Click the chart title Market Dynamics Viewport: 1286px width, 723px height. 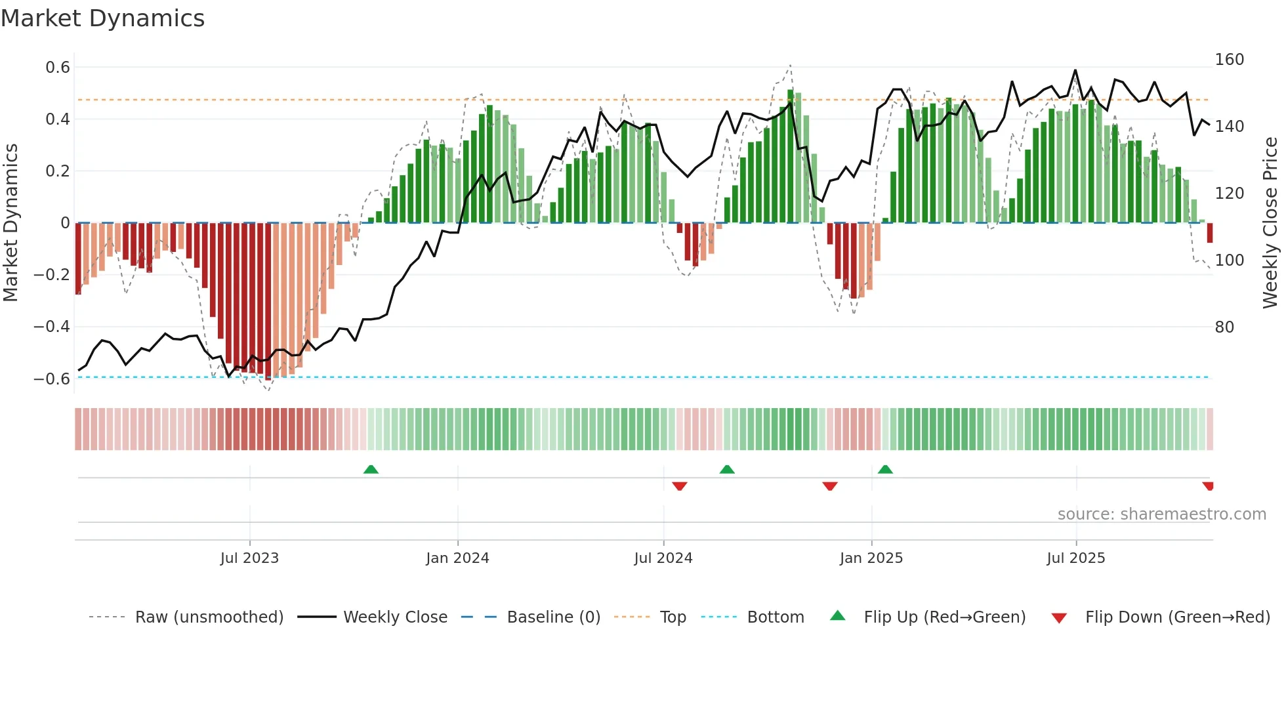click(x=102, y=18)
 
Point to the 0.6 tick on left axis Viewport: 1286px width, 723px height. click(x=58, y=68)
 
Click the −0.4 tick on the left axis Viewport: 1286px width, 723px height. click(x=51, y=327)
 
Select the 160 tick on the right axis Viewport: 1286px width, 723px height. click(x=1229, y=60)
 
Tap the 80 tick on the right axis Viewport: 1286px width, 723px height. click(x=1224, y=327)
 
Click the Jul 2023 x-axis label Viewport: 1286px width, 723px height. click(x=249, y=558)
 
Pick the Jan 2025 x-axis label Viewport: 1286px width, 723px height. click(x=871, y=558)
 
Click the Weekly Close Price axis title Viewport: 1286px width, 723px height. click(x=1270, y=223)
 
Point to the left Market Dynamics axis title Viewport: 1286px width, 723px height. click(x=10, y=223)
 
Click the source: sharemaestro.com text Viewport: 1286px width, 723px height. click(x=1161, y=514)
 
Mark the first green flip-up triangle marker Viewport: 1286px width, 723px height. click(x=371, y=469)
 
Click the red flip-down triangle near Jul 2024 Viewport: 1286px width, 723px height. click(x=679, y=486)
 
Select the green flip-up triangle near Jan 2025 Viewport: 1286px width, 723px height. click(x=885, y=469)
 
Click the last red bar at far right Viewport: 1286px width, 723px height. click(x=1209, y=233)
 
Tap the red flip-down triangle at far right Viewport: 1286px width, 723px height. click(x=1208, y=486)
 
